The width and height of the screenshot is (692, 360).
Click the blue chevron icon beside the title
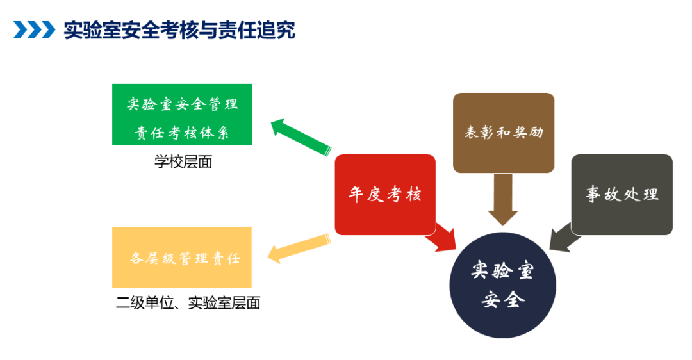coord(34,30)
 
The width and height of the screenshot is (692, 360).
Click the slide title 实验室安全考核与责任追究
coord(179,30)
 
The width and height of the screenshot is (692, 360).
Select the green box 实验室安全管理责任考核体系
coord(182,114)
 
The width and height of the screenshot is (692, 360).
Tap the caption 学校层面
coord(183,162)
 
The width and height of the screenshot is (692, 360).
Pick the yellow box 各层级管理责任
coord(182,258)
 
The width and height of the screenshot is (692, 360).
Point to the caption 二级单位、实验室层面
coord(188,303)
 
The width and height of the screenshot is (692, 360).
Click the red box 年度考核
coord(385,194)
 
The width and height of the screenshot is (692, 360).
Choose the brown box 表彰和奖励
coord(503,133)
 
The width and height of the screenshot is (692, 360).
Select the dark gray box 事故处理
coord(622,194)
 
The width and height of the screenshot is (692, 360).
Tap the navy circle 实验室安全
coord(502,285)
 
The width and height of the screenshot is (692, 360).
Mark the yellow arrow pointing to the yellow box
coord(298,249)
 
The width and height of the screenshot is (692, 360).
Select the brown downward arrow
coord(502,199)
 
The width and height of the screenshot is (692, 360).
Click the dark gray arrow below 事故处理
coord(564,237)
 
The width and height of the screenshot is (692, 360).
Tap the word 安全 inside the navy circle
coord(502,299)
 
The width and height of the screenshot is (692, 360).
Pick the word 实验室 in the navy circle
coord(502,271)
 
